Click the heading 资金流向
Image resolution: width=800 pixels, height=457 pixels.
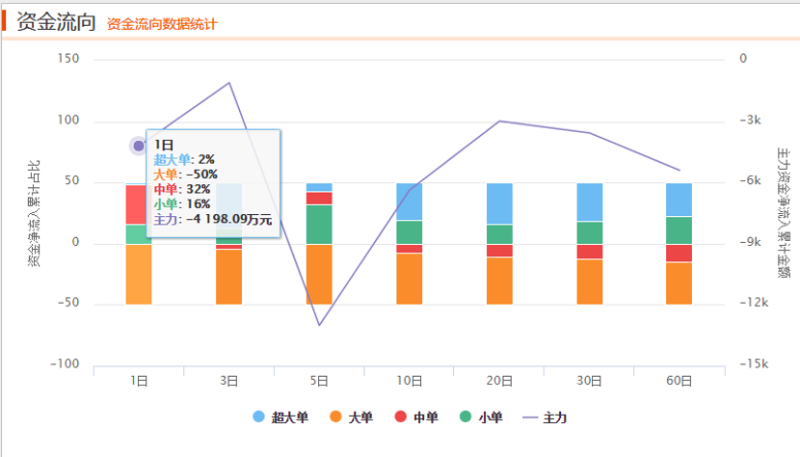[x=56, y=23]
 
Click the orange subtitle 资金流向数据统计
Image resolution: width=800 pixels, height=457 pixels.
[x=162, y=24]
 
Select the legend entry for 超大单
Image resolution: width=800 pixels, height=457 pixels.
[x=281, y=417]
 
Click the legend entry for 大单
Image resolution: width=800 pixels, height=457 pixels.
[x=352, y=417]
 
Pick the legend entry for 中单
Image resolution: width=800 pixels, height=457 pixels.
[x=417, y=417]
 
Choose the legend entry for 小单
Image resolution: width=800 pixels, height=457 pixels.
[x=481, y=417]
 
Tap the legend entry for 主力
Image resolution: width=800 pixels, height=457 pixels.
[x=545, y=417]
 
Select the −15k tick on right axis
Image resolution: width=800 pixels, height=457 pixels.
[x=753, y=364]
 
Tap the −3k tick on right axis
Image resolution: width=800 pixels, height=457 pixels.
[x=751, y=121]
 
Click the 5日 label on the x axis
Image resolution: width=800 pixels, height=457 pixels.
[x=319, y=381]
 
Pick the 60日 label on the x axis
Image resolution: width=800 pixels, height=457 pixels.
[x=680, y=381]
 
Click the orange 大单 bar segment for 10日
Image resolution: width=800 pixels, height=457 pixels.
[x=410, y=279]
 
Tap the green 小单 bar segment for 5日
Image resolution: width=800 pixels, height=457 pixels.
[x=319, y=225]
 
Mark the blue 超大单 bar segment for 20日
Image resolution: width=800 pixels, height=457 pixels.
[x=499, y=203]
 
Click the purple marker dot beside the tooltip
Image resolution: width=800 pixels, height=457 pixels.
[x=139, y=147]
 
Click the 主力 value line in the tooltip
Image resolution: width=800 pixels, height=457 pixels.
[x=213, y=220]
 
